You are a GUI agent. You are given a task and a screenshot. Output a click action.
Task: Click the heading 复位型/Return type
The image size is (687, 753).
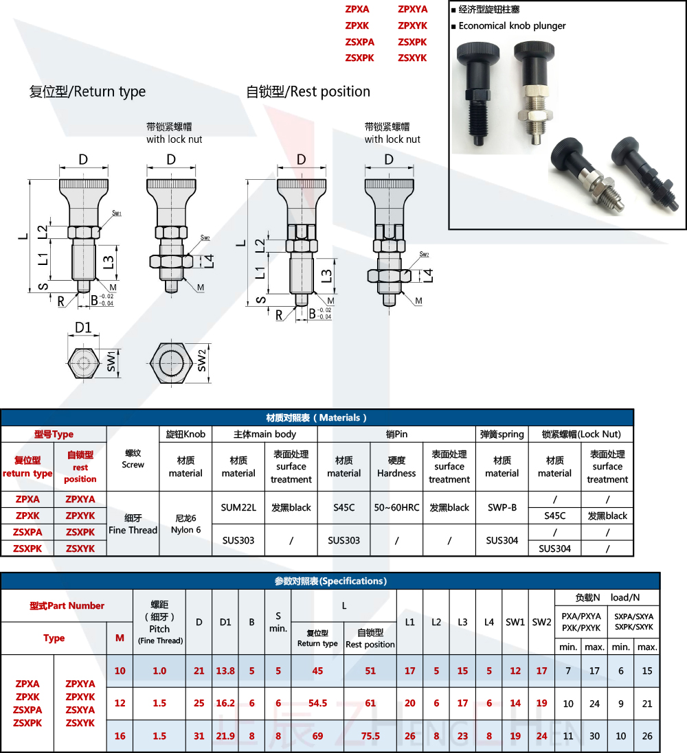point(87,91)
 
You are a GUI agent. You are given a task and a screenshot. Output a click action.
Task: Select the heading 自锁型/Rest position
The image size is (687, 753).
point(308,91)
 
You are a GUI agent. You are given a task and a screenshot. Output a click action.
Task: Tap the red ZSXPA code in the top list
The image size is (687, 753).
point(359,42)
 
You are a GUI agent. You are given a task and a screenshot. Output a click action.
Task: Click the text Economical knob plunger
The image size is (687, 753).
point(512,26)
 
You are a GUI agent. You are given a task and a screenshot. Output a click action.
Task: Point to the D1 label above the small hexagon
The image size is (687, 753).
point(83,327)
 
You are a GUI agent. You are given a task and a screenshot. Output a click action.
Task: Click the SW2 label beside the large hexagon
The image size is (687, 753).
point(202,360)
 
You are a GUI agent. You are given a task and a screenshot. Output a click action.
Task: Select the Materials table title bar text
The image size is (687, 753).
point(316,418)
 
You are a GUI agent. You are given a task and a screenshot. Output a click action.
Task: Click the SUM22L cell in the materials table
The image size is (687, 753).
point(238,507)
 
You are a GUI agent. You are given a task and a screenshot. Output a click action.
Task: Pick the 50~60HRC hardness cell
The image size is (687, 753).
point(396,507)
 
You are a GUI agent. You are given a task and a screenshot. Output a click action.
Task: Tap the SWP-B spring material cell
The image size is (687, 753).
point(502,507)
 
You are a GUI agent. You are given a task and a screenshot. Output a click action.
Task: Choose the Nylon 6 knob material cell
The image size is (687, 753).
point(185,524)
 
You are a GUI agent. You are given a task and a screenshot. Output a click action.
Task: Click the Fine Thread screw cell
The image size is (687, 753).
point(133,524)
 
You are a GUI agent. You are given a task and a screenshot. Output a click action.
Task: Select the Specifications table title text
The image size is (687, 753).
point(330,581)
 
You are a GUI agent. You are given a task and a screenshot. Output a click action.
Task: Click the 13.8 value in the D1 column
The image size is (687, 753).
point(225,671)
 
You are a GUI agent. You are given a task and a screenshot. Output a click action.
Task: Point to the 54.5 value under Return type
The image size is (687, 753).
point(318,703)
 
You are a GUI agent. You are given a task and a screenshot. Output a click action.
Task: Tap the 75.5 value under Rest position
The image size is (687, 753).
point(370,736)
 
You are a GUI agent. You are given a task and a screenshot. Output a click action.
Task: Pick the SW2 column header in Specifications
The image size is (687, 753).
point(542,622)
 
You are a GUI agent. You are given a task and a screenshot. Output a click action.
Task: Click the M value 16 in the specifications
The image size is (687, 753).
point(120,736)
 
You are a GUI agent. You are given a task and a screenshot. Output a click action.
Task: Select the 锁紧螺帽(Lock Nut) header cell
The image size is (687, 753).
point(581,434)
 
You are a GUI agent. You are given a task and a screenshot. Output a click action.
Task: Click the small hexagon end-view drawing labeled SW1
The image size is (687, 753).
point(84,363)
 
